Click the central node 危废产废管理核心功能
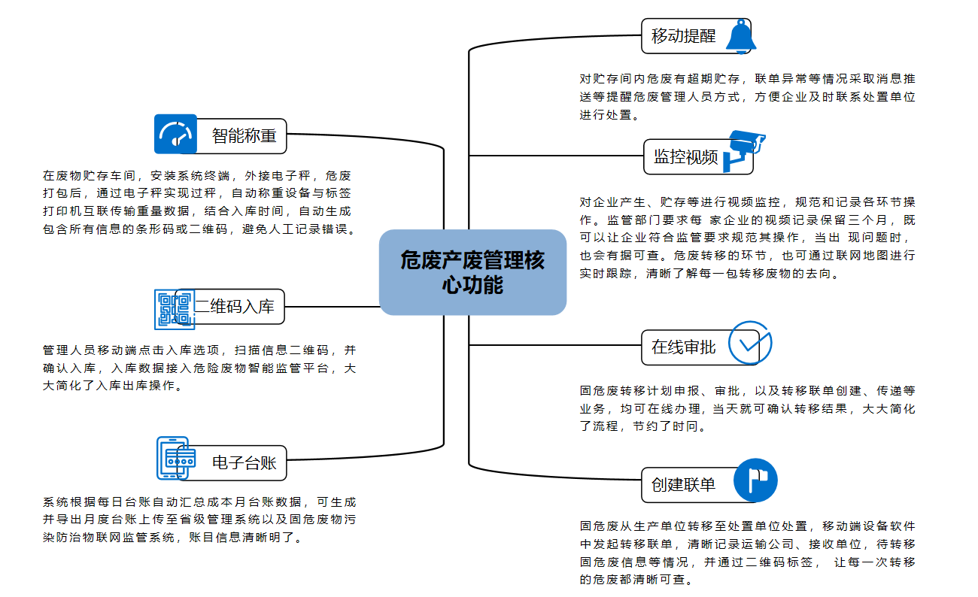click(472, 272)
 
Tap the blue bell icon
click(740, 35)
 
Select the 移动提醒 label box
click(684, 35)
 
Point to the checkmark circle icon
click(749, 344)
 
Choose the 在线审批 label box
click(684, 347)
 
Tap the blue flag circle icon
click(755, 480)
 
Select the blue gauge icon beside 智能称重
click(175, 134)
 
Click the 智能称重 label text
click(244, 136)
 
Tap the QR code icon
click(175, 309)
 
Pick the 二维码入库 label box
click(235, 307)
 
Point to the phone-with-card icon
click(176, 458)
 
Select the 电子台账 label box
click(244, 462)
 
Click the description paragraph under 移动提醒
click(747, 97)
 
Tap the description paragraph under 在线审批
click(747, 408)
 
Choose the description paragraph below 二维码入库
click(199, 368)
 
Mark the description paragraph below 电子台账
click(199, 520)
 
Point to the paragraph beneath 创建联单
click(747, 553)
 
